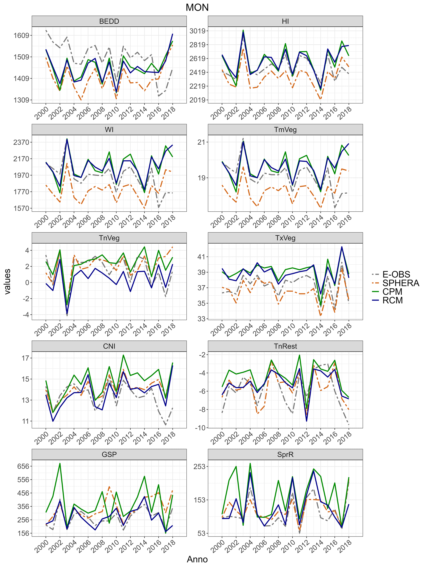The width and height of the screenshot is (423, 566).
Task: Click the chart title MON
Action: (197, 7)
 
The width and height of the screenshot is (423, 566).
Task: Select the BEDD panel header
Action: (109, 21)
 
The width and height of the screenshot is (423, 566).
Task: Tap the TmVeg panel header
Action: (285, 129)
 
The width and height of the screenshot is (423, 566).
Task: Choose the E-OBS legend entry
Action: (396, 274)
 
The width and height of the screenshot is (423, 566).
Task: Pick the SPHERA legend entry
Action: (400, 283)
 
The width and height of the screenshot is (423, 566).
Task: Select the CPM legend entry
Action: (392, 292)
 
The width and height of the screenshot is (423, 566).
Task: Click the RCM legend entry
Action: (392, 300)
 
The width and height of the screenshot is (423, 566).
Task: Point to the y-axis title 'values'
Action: (7, 281)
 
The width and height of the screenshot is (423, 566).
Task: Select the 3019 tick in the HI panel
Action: (197, 31)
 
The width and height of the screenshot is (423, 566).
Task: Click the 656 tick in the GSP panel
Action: (23, 466)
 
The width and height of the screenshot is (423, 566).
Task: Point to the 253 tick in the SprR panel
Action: (199, 466)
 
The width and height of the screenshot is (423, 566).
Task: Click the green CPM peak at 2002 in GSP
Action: (60, 463)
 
